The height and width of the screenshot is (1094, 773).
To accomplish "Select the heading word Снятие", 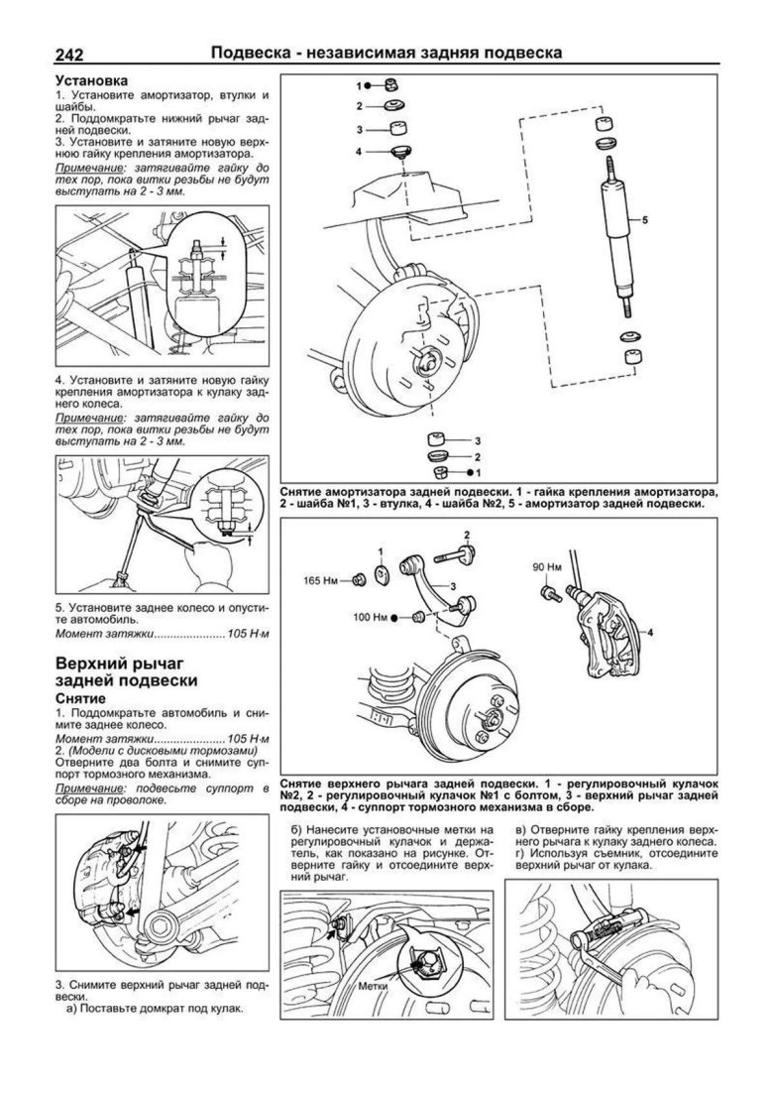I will (x=86, y=699).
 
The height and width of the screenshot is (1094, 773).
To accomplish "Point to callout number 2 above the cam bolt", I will (x=467, y=536).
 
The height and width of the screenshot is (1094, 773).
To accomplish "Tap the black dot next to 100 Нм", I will (x=393, y=618).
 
